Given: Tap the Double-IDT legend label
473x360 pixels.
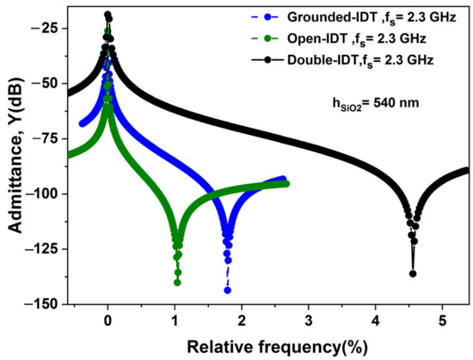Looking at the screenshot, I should pyautogui.click(x=361, y=59).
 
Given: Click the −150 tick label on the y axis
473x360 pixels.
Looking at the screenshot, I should pyautogui.click(x=41, y=304).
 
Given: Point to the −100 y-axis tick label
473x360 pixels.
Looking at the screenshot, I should pyautogui.click(x=41, y=193).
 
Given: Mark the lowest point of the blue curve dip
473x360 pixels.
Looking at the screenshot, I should pyautogui.click(x=228, y=290).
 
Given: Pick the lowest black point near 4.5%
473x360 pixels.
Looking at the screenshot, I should pyautogui.click(x=413, y=274).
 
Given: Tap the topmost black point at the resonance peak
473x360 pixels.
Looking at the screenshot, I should pyautogui.click(x=107, y=15).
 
